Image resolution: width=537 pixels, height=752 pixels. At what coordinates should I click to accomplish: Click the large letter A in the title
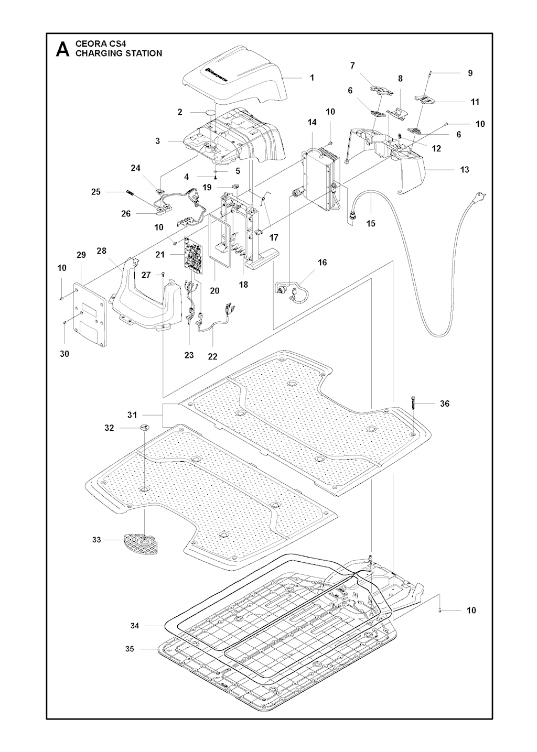click(x=62, y=49)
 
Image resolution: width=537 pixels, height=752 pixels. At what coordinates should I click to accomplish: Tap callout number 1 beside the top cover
click(x=312, y=78)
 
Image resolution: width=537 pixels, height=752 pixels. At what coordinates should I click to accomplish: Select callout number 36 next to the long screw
click(x=445, y=404)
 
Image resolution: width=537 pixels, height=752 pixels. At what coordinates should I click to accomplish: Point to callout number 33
click(x=96, y=540)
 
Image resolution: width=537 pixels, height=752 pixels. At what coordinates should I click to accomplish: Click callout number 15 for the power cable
click(x=371, y=223)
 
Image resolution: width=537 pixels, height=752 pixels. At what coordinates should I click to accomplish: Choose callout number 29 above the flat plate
click(x=81, y=255)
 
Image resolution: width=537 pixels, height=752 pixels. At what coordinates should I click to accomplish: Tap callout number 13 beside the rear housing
click(x=464, y=169)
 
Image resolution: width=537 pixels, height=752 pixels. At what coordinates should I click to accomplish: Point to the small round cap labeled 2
click(x=211, y=113)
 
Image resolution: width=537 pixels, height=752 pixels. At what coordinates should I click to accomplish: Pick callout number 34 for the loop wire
click(x=135, y=626)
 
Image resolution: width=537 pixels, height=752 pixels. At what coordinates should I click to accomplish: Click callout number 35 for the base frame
click(x=130, y=649)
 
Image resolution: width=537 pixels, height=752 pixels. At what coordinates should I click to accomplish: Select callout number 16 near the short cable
click(x=322, y=262)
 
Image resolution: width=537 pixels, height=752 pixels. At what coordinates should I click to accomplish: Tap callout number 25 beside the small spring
click(x=96, y=192)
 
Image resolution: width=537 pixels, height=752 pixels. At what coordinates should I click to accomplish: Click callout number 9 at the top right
click(x=470, y=73)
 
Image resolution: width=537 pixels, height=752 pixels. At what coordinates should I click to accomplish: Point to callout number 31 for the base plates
click(x=132, y=415)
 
